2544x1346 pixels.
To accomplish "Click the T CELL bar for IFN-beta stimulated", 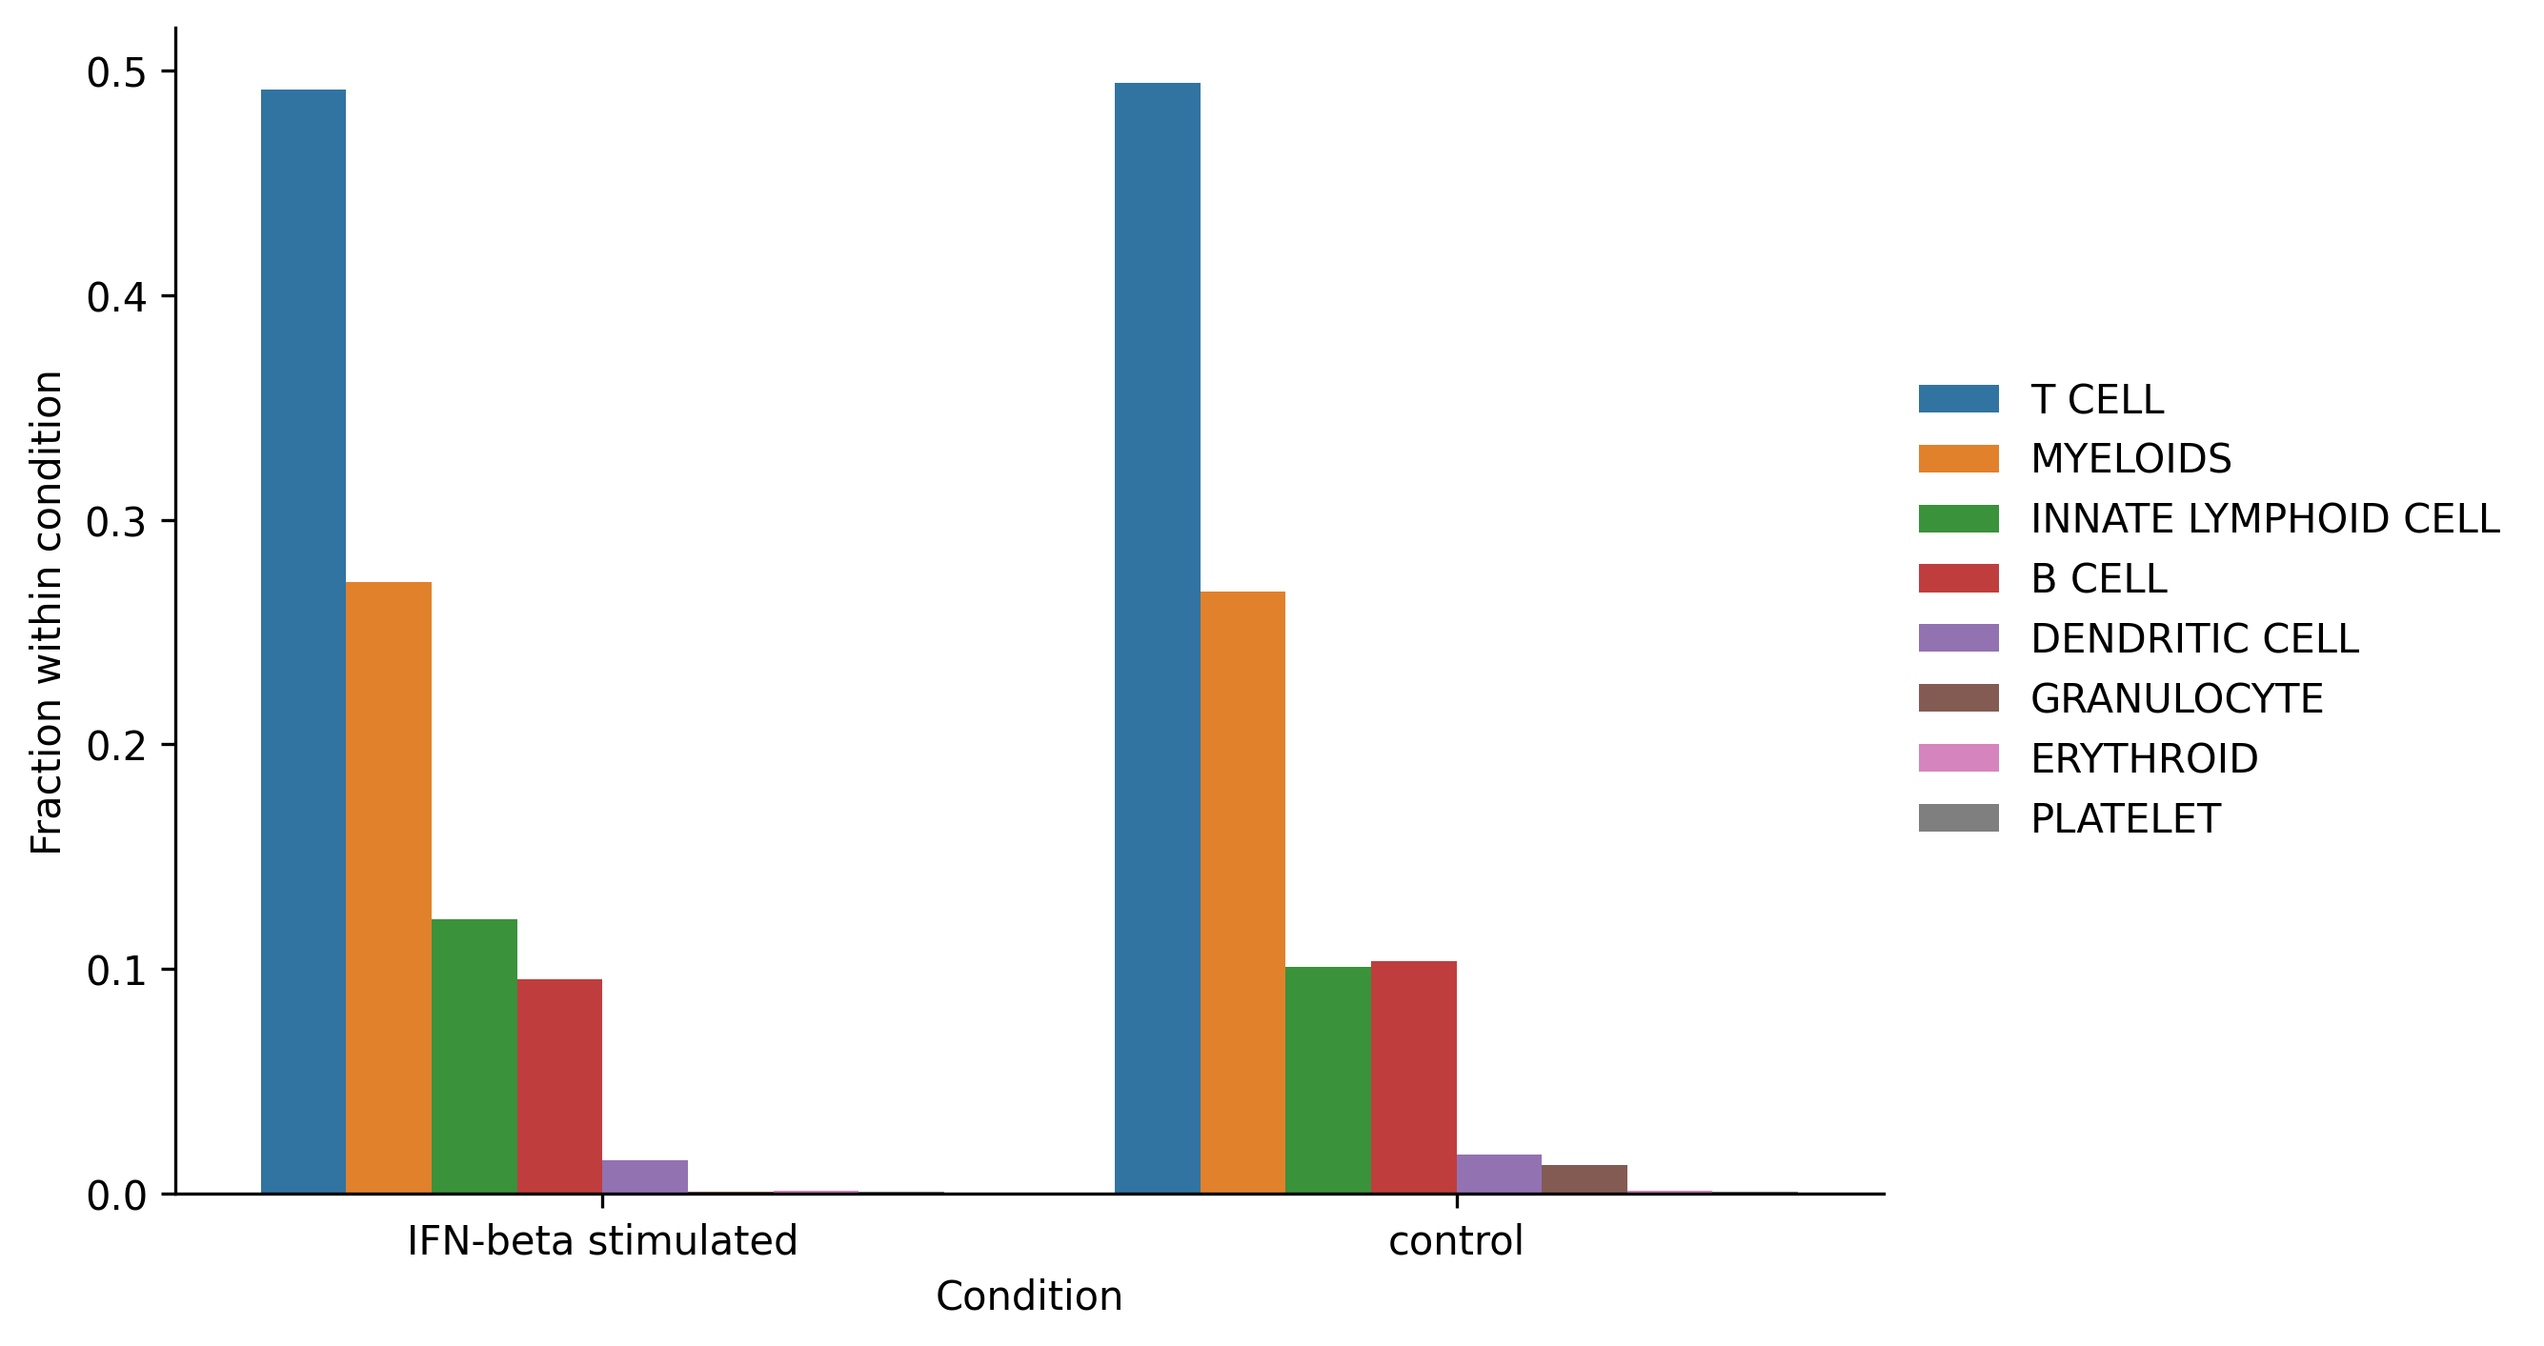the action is pos(303,642).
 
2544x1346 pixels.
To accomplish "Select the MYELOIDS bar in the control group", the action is pos(1242,893).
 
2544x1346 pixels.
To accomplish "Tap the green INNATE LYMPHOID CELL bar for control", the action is pos(1327,1080).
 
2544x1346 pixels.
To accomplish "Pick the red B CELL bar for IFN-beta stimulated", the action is pos(559,1086).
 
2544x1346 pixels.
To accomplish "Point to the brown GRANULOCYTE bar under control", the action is pos(1585,1179).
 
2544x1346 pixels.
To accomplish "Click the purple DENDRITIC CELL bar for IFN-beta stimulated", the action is pos(645,1177).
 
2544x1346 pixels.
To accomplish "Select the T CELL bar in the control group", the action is pos(1158,638).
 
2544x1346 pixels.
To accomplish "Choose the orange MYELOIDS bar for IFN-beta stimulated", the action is pos(388,888).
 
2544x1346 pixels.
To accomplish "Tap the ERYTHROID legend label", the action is pos(2144,758).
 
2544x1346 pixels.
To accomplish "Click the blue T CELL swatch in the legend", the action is pos(1958,399).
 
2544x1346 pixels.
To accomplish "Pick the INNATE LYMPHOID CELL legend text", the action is pos(2265,518).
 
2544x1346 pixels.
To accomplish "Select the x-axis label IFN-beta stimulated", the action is pos(602,1240).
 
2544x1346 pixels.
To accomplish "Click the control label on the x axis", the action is pos(1456,1240).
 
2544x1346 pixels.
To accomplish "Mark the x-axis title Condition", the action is pos(1029,1296).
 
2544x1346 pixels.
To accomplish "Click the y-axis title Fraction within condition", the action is pos(47,613).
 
